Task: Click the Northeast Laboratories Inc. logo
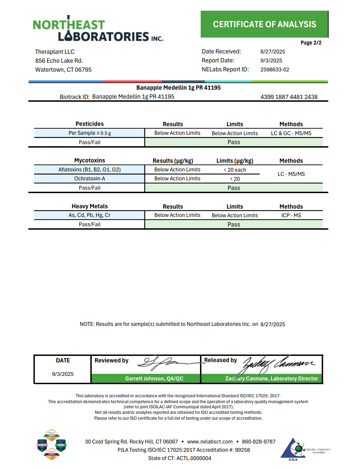98,29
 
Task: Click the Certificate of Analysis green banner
264,24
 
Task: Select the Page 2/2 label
311,43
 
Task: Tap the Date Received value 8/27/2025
272,52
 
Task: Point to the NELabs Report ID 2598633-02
274,70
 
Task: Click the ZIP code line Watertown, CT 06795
63,70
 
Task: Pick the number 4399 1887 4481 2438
289,97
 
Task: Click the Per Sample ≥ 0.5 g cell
90,133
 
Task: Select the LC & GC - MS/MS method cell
291,133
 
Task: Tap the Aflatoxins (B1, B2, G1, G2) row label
90,170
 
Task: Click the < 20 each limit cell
234,170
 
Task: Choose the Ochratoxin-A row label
90,179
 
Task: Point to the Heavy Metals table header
90,206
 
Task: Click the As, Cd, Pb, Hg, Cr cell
90,215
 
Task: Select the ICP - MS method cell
291,216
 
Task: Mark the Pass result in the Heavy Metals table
233,224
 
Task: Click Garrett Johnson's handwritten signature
166,362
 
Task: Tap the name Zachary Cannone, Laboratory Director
271,379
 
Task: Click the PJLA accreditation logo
293,449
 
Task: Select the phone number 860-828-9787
259,442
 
